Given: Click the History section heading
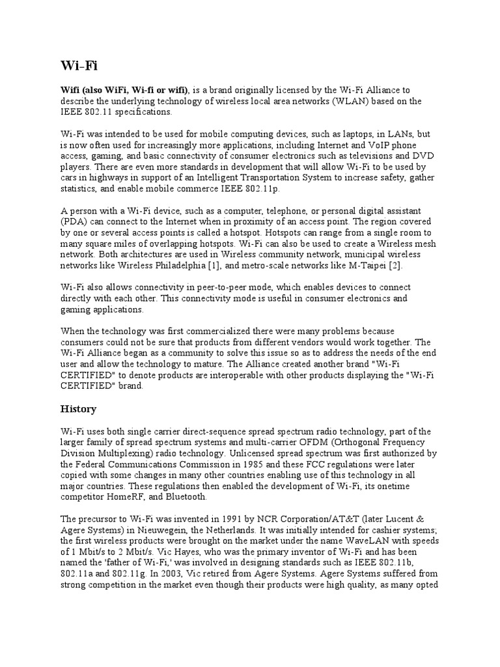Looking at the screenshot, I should coord(78,409).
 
